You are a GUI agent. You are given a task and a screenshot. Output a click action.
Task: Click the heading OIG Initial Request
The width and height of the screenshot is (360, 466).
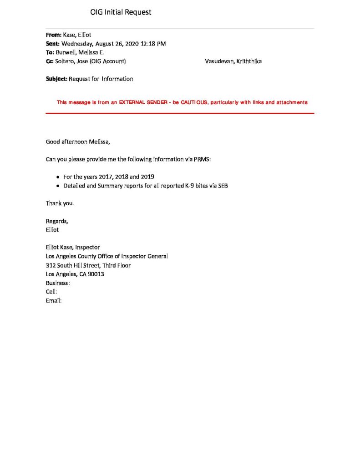click(x=121, y=12)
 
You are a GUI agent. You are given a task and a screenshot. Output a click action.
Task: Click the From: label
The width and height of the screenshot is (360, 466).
click(x=53, y=35)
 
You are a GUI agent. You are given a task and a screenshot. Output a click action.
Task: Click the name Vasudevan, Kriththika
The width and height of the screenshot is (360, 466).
click(x=233, y=61)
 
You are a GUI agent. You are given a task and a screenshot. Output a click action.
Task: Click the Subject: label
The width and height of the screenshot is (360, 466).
click(x=56, y=79)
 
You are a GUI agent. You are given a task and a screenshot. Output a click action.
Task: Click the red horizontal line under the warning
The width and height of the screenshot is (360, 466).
click(x=180, y=113)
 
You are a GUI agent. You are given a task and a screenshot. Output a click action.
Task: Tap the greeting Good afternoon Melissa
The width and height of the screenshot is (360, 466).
click(x=78, y=142)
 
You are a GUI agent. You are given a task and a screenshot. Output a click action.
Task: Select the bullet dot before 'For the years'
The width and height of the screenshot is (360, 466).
click(x=58, y=177)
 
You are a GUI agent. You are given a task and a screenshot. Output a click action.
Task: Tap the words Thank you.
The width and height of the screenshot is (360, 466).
click(x=60, y=203)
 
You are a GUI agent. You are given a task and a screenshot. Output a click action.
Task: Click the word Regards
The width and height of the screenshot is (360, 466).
click(x=57, y=221)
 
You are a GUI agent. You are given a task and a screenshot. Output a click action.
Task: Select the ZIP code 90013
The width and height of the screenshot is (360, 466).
click(x=96, y=274)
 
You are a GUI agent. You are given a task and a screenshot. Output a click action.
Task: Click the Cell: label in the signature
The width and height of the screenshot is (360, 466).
click(x=51, y=292)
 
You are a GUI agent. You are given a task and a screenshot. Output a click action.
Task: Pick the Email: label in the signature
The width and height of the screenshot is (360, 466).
click(x=54, y=301)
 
